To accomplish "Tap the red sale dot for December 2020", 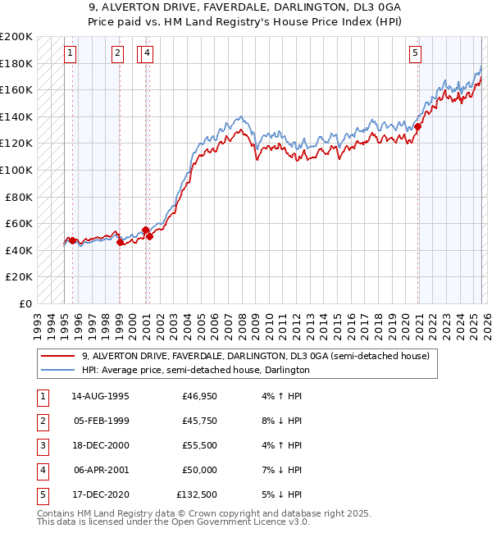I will coord(417,126).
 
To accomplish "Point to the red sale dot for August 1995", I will coord(72,240).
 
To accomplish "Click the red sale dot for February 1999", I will coord(120,242).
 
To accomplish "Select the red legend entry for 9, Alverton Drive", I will coord(255,356).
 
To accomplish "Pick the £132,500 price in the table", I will coord(197,494).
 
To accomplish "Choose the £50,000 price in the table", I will coord(197,470).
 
